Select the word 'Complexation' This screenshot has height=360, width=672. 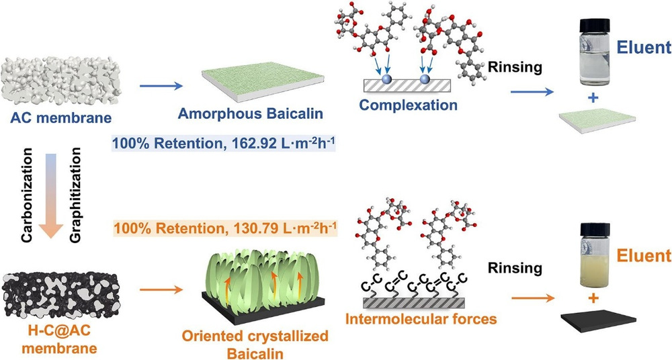pos(408,105)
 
